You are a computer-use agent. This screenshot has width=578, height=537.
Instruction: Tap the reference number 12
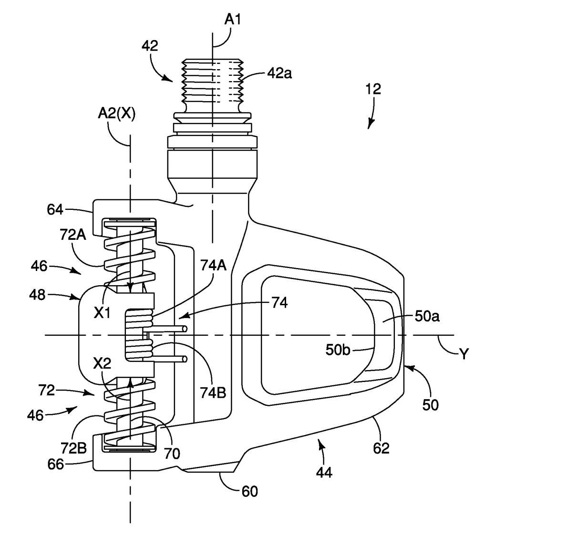point(373,89)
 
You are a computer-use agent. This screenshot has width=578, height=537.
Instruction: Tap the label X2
point(103,363)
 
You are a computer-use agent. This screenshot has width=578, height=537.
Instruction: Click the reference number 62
point(382,448)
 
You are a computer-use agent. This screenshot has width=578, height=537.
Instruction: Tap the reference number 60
point(250,491)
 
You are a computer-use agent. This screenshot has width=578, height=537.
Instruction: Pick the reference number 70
point(172,453)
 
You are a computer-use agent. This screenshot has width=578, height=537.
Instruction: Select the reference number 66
point(56,464)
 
